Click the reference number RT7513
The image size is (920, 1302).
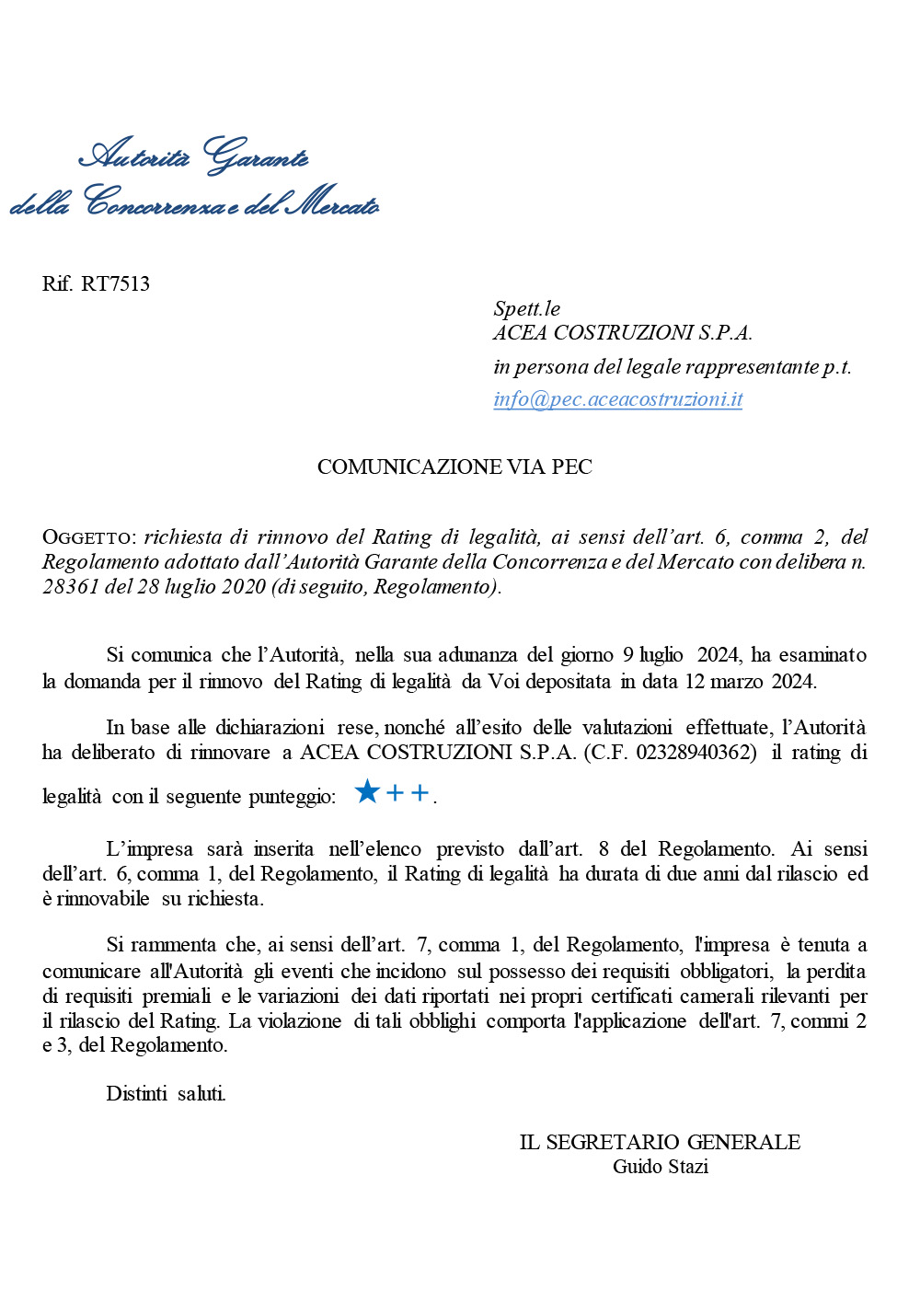[115, 283]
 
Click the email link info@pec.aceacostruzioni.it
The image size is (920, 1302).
[617, 399]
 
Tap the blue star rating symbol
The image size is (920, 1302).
[367, 791]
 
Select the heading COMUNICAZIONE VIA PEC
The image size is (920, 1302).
[454, 467]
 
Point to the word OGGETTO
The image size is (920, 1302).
[88, 537]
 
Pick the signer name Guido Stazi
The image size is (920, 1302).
[660, 1167]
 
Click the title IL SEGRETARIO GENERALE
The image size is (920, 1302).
[660, 1142]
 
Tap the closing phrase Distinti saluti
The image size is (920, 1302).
[166, 1093]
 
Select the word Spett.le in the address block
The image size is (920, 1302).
[526, 308]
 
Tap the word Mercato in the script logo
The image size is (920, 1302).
[331, 202]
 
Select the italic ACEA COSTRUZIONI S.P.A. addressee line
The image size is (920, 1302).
[622, 332]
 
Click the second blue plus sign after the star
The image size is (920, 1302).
[420, 792]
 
